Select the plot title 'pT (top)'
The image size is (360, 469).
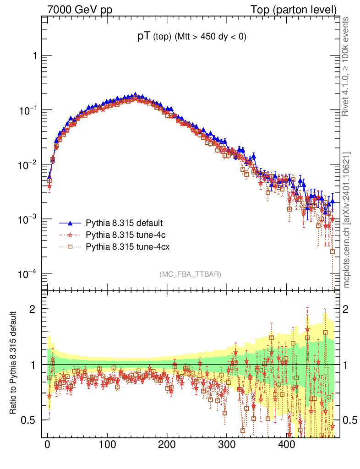(156, 38)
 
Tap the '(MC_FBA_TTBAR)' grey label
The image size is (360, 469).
(190, 274)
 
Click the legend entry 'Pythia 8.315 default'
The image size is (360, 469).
(124, 224)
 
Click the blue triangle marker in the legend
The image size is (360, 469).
(71, 224)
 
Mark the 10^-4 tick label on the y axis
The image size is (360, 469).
(28, 274)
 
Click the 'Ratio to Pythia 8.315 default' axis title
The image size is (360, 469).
(15, 363)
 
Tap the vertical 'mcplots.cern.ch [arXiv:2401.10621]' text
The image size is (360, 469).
(347, 220)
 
